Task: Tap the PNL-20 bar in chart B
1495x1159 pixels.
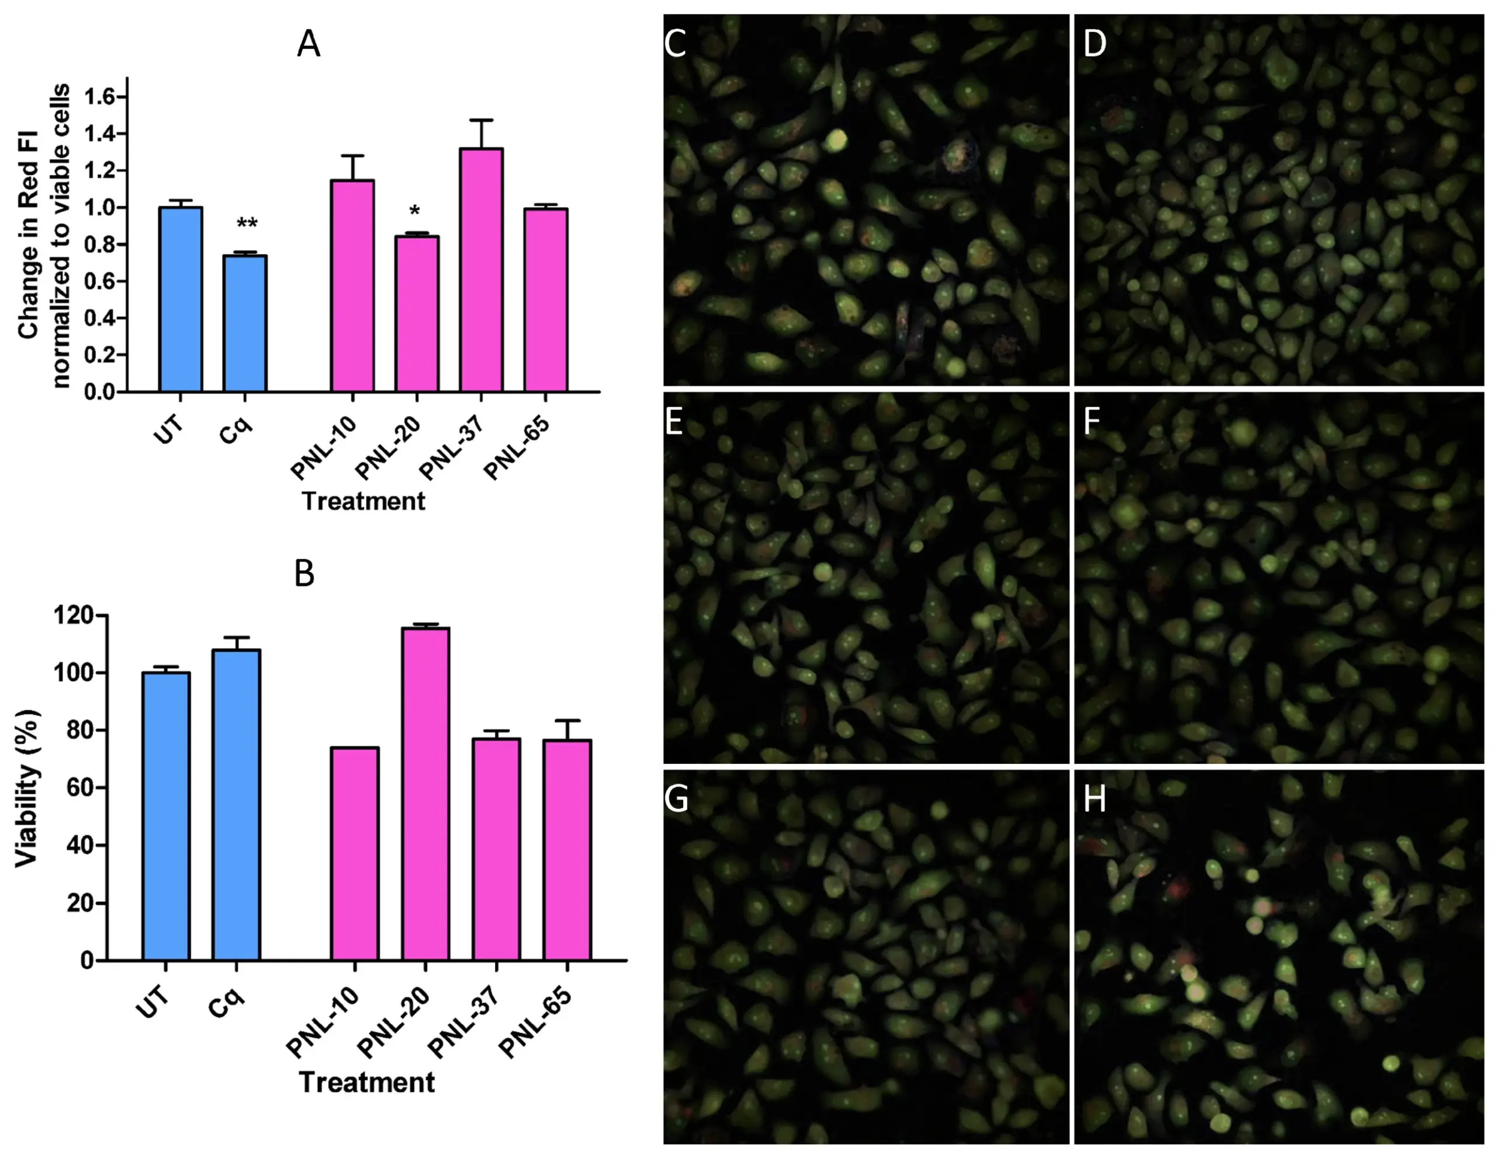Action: point(425,794)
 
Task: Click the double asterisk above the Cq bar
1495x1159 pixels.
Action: point(246,224)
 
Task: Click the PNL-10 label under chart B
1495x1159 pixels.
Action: point(322,1024)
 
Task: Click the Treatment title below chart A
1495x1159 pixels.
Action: point(363,501)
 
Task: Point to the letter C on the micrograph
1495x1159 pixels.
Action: point(676,44)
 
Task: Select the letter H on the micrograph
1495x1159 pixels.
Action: point(1094,799)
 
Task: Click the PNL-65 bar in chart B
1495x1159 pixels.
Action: point(567,849)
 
